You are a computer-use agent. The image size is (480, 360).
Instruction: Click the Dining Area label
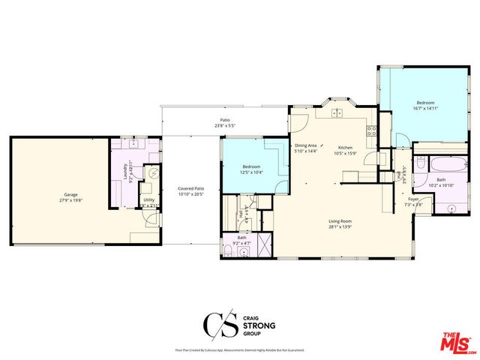tap(305, 145)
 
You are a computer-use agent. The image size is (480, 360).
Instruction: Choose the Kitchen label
tap(345, 147)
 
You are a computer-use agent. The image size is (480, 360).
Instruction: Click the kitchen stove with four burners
tap(370, 132)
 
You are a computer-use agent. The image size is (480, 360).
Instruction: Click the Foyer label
tap(413, 199)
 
